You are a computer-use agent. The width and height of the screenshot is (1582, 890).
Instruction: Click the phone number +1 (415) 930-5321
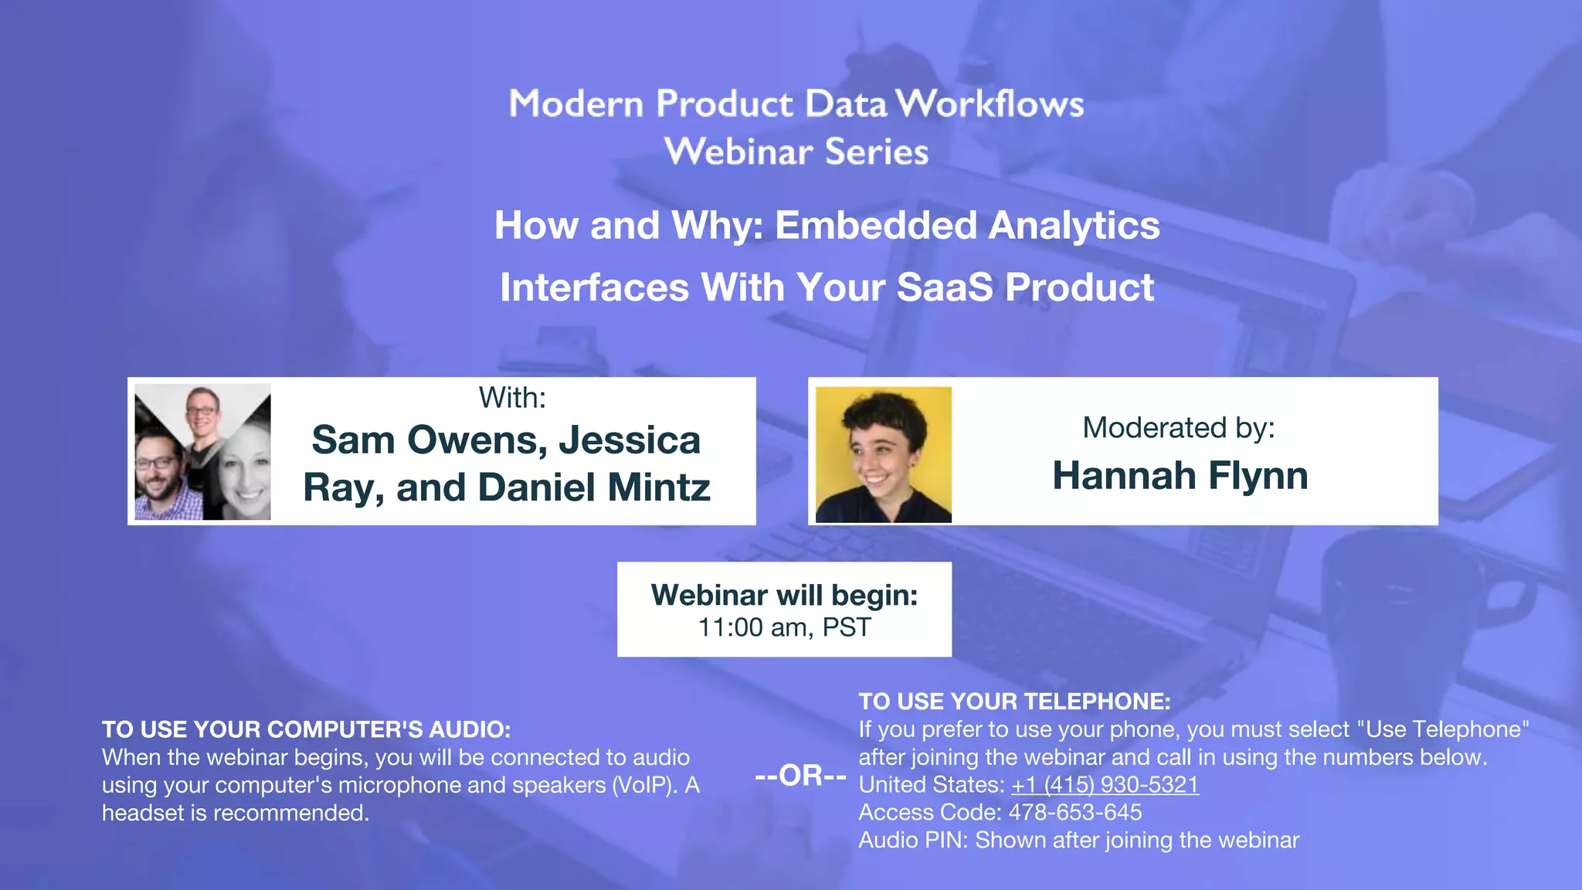(1105, 785)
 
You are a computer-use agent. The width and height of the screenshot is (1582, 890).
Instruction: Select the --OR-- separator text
(800, 776)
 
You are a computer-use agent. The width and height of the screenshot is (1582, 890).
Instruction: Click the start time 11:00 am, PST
(784, 627)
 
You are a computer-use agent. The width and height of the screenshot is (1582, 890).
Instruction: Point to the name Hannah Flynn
(1180, 475)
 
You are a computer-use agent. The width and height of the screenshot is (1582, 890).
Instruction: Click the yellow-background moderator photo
(883, 454)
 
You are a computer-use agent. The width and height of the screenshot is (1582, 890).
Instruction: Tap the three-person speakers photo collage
(202, 452)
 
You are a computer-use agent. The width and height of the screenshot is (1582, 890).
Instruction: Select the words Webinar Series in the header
(796, 151)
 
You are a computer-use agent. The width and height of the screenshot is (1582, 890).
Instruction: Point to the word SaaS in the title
(944, 287)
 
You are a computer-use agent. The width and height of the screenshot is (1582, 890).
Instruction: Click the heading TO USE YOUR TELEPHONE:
(1014, 701)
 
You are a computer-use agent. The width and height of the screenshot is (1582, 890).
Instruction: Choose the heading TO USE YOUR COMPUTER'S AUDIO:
(306, 729)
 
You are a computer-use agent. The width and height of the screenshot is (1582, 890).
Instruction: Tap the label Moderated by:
(1178, 427)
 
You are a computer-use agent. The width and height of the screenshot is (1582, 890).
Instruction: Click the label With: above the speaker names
(512, 398)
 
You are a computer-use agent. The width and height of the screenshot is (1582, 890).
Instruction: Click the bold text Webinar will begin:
(784, 595)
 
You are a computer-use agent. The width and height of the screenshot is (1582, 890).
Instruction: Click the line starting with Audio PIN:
(1078, 841)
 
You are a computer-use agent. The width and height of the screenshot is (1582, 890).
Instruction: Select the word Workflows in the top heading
(990, 104)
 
